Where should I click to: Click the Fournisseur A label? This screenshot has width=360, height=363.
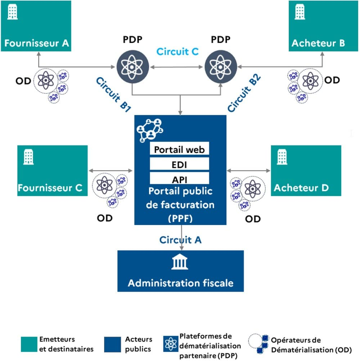point(36,43)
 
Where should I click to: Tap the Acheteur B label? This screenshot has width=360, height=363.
point(318,43)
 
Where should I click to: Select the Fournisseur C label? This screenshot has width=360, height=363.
point(50,188)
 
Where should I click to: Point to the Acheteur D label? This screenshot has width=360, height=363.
point(301,188)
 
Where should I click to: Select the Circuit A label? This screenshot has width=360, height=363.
point(180,239)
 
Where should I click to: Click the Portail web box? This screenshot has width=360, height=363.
point(179,149)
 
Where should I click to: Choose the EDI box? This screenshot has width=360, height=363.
point(179,164)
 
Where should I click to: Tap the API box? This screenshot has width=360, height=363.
point(179,179)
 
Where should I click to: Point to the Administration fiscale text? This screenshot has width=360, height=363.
point(180,283)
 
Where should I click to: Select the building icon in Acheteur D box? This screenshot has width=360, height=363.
point(282,157)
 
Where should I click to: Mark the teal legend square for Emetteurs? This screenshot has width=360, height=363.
point(29,345)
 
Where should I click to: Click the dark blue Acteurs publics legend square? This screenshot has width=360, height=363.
point(112,345)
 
